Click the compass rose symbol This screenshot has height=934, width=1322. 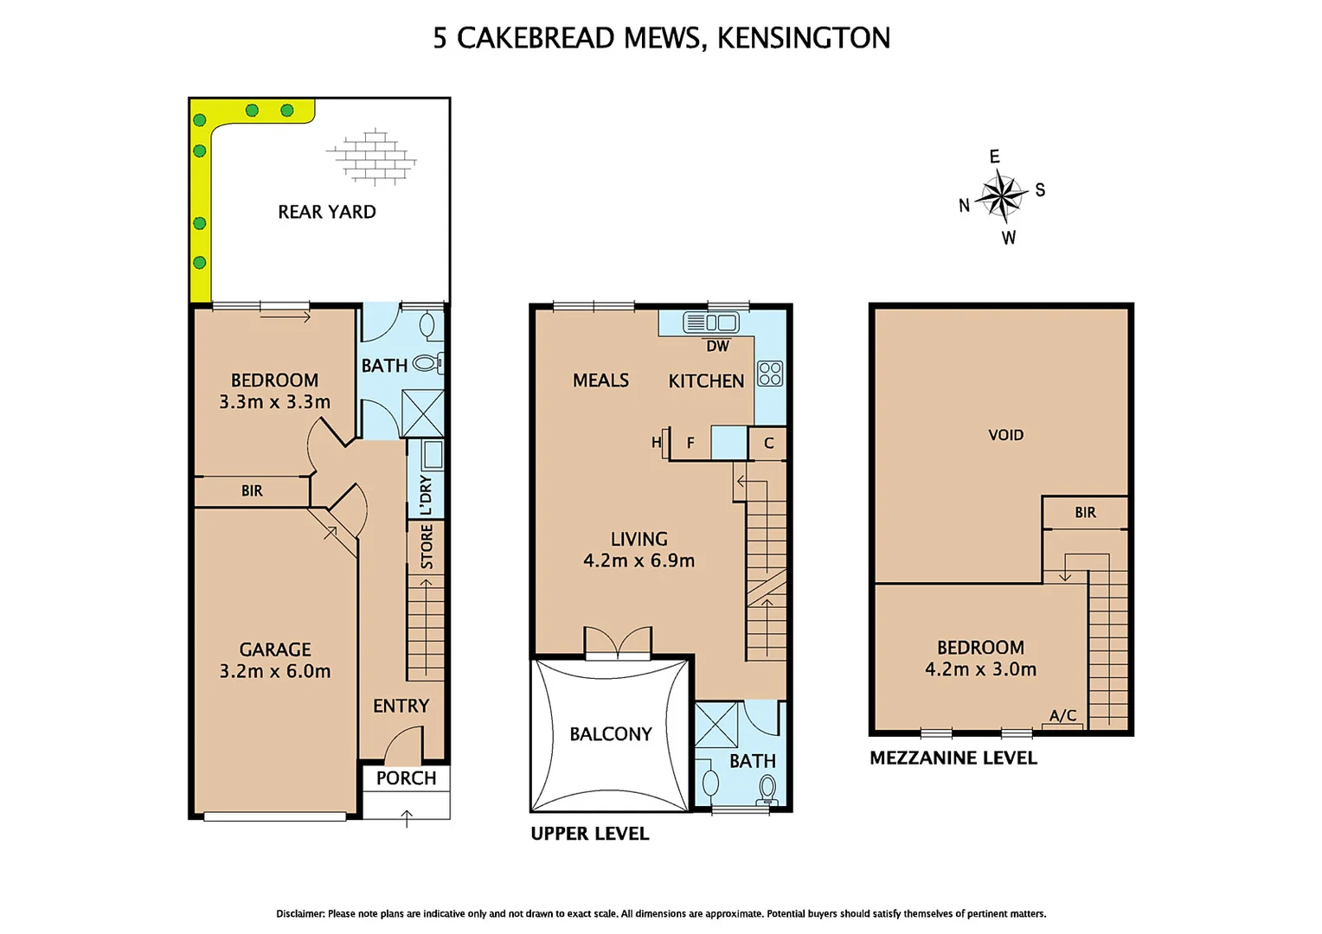[1002, 196]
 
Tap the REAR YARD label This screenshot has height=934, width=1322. [326, 212]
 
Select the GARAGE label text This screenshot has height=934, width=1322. [275, 649]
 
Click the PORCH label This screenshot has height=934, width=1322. [406, 778]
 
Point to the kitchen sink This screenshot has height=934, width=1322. [710, 323]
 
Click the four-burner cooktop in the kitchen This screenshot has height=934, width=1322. [770, 374]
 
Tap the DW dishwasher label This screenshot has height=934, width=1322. [717, 346]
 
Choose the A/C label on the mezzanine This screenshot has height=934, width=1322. [1062, 716]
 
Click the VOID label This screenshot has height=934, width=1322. [1005, 435]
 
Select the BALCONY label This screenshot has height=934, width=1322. [610, 734]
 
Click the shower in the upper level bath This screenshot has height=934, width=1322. [716, 725]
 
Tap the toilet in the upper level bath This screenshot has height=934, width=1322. [767, 789]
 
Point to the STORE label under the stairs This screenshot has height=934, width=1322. [427, 547]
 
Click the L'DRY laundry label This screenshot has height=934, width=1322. [426, 496]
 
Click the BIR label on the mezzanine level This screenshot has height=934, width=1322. [1085, 513]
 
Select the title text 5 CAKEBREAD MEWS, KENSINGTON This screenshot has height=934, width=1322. [661, 38]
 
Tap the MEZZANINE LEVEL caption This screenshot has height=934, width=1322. [953, 758]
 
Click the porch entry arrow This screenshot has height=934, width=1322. [407, 817]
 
